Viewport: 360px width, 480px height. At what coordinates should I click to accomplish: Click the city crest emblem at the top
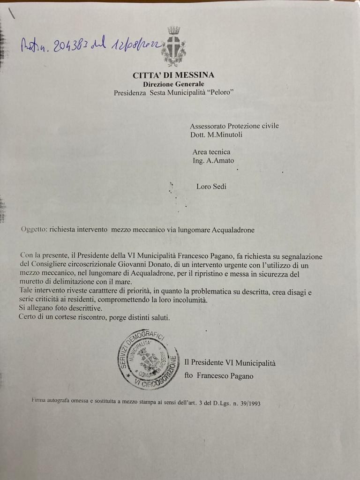[x=173, y=46]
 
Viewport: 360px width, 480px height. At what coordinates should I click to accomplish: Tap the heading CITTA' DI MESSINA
[x=173, y=75]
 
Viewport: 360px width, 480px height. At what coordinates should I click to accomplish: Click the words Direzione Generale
[x=173, y=84]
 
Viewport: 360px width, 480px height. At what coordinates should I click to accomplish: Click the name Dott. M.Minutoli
[x=217, y=135]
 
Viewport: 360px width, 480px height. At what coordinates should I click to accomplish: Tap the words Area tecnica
[x=211, y=152]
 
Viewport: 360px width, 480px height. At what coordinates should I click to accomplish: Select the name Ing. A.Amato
[x=213, y=161]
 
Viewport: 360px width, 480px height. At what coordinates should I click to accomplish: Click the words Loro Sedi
[x=211, y=187]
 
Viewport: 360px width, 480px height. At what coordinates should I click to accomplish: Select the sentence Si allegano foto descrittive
[x=60, y=309]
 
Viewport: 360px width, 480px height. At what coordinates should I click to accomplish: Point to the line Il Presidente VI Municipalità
[x=230, y=363]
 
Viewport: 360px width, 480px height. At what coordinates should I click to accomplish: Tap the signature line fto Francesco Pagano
[x=219, y=376]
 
